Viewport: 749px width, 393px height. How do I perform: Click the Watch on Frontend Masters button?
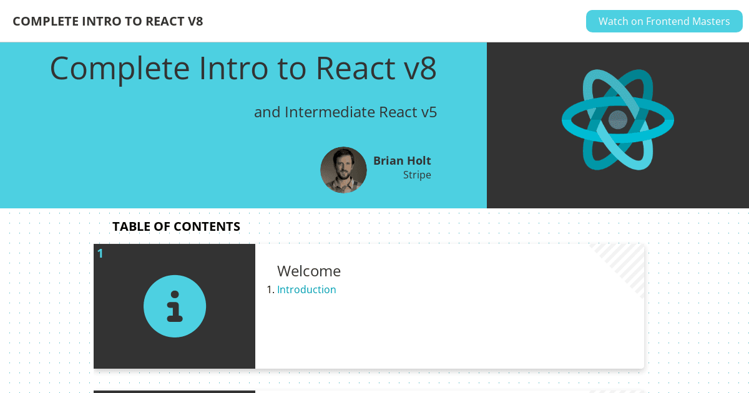pyautogui.click(x=664, y=21)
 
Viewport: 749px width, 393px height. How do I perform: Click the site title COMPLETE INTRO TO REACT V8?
pyautogui.click(x=107, y=21)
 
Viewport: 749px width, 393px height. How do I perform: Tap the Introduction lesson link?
pyautogui.click(x=306, y=289)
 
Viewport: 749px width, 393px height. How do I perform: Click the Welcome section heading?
pyautogui.click(x=308, y=271)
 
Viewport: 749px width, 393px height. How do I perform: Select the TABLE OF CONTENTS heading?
pyautogui.click(x=176, y=226)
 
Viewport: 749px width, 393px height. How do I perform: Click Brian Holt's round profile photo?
pyautogui.click(x=343, y=170)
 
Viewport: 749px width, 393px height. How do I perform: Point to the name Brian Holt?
pyautogui.click(x=402, y=161)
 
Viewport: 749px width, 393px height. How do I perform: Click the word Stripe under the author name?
pyautogui.click(x=417, y=175)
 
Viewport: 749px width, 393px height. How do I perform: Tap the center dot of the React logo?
pyautogui.click(x=617, y=120)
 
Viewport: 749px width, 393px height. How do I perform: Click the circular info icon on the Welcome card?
pyautogui.click(x=175, y=306)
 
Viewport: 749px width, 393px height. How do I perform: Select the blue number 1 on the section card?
pyautogui.click(x=100, y=254)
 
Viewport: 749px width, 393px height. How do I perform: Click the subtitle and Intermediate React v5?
pyautogui.click(x=345, y=112)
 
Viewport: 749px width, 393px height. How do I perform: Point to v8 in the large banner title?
pyautogui.click(x=420, y=69)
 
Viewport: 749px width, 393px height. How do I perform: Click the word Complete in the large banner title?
pyautogui.click(x=120, y=69)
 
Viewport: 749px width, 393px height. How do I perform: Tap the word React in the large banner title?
pyautogui.click(x=355, y=69)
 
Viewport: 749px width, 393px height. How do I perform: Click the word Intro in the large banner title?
pyautogui.click(x=233, y=68)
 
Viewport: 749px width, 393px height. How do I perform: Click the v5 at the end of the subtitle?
pyautogui.click(x=429, y=112)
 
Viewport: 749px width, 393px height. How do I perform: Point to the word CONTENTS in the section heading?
pyautogui.click(x=207, y=226)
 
